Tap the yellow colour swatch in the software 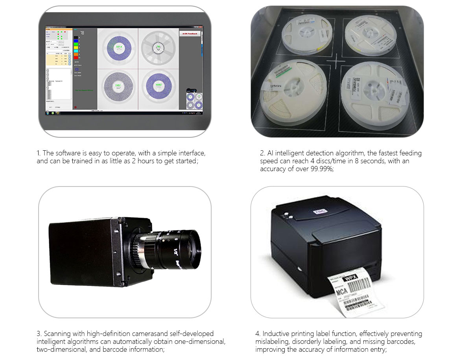pos(76,47)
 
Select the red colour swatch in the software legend pos(76,58)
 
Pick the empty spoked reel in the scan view pos(158,48)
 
